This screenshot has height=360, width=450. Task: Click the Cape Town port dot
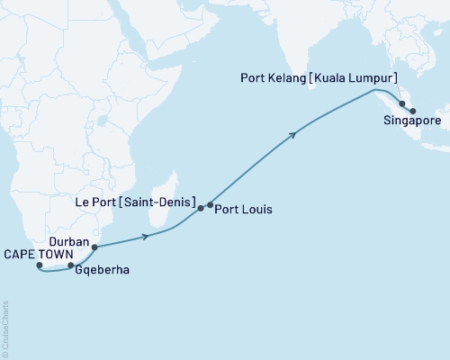(x=40, y=265)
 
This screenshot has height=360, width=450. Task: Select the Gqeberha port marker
(x=71, y=265)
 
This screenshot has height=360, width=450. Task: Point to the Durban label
(x=68, y=242)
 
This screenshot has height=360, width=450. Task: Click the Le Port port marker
(x=201, y=208)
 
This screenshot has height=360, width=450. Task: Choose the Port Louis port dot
(x=211, y=205)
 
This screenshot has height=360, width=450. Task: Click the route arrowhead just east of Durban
(x=144, y=238)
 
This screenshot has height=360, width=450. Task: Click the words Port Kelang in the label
(x=277, y=78)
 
